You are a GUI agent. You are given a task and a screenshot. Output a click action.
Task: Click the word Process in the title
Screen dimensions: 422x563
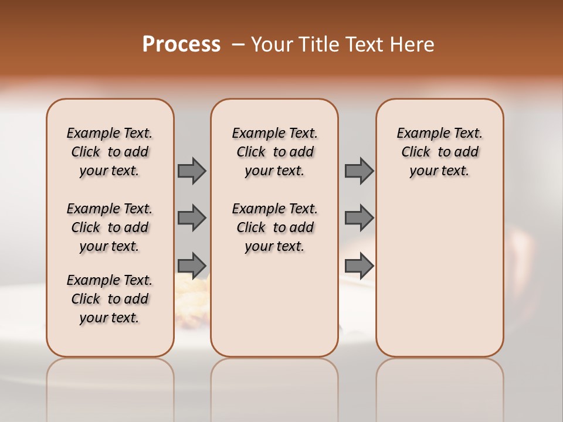click(x=181, y=44)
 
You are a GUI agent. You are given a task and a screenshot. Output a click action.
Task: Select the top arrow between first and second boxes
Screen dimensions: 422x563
click(x=191, y=171)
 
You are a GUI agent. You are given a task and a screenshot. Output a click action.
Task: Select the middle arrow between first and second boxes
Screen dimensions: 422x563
click(x=191, y=218)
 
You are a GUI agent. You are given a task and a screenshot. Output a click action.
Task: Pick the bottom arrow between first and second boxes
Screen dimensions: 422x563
click(x=191, y=265)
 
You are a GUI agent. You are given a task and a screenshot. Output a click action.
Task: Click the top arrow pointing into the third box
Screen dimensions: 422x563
click(x=359, y=171)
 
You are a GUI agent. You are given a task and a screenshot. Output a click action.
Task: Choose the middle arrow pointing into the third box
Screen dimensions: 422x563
click(x=359, y=218)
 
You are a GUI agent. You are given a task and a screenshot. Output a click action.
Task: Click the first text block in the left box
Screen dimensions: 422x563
click(x=110, y=152)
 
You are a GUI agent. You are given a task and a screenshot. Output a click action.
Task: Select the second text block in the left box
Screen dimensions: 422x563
click(x=110, y=227)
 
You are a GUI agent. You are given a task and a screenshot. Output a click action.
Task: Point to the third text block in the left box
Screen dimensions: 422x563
click(x=110, y=299)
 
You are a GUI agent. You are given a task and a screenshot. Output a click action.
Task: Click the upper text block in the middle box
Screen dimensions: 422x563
click(x=274, y=152)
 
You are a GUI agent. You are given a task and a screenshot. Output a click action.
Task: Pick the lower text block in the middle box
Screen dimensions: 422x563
click(x=274, y=227)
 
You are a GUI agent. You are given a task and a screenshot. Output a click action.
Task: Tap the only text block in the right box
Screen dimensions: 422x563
click(x=440, y=152)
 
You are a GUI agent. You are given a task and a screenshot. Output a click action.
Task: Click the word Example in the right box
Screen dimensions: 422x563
click(x=419, y=134)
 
